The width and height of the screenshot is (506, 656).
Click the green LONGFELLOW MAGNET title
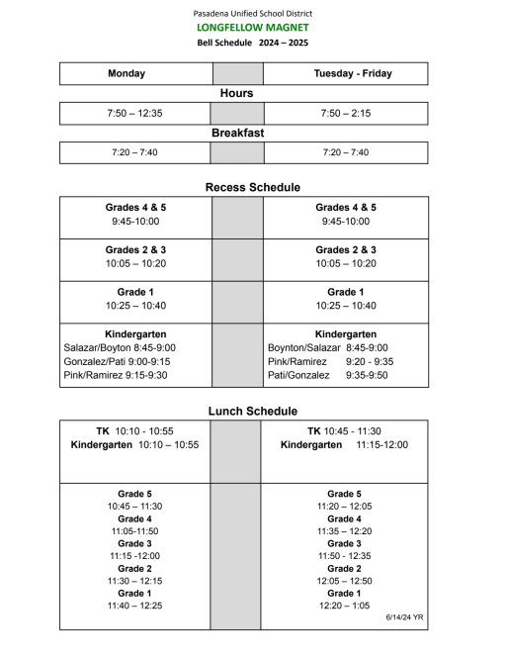[253, 28]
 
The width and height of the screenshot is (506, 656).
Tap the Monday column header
[126, 73]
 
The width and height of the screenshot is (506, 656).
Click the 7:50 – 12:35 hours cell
[134, 114]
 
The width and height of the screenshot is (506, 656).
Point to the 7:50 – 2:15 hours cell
[346, 114]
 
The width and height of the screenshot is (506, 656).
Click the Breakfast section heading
[237, 133]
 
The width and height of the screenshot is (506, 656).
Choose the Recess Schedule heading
[253, 187]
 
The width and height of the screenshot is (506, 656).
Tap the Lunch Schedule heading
[253, 411]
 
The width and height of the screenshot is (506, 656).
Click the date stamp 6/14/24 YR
[404, 616]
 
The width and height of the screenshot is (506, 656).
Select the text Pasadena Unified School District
[253, 13]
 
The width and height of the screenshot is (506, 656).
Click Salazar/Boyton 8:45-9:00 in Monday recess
[119, 348]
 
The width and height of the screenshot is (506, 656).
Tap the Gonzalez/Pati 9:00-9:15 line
[119, 362]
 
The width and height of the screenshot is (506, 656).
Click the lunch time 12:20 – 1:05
[344, 606]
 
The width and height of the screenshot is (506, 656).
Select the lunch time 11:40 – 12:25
[134, 606]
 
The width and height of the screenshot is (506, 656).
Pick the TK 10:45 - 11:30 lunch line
[344, 431]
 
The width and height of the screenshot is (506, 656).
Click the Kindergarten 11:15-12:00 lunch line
[344, 445]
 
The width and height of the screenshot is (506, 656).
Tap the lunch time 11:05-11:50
[134, 531]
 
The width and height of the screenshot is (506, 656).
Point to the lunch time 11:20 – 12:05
[344, 506]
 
